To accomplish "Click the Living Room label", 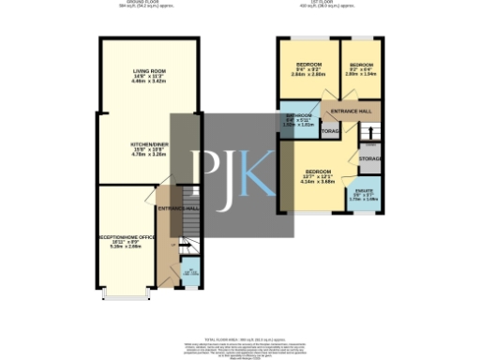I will coord(149,73).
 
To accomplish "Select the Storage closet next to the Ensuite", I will coord(369,159).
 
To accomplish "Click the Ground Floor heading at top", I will coord(140,3).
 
